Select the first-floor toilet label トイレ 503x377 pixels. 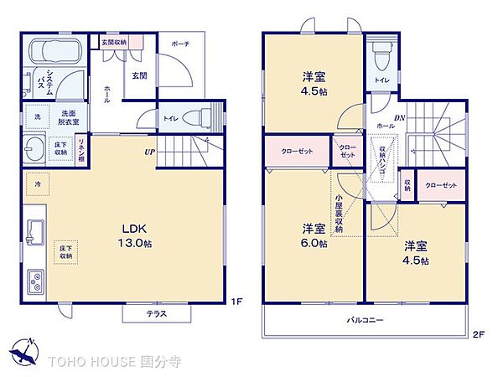pyautogui.click(x=169, y=119)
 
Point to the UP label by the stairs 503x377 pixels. pyautogui.click(x=148, y=152)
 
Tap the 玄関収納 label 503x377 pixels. pyautogui.click(x=114, y=42)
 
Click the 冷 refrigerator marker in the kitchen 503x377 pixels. pyautogui.click(x=37, y=181)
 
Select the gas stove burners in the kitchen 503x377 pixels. pyautogui.click(x=37, y=281)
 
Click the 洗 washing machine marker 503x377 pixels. pyautogui.click(x=37, y=116)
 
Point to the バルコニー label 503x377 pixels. pyautogui.click(x=366, y=321)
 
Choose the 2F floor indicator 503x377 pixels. pyautogui.click(x=478, y=335)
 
